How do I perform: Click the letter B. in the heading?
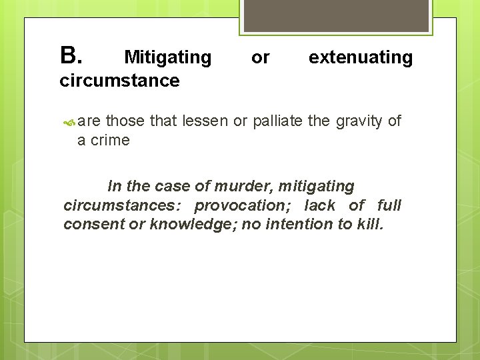pyautogui.click(x=70, y=56)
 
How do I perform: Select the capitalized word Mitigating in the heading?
pyautogui.click(x=167, y=58)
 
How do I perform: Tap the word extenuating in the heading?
pyautogui.click(x=361, y=58)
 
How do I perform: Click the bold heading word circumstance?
pyautogui.click(x=119, y=81)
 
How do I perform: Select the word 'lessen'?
pyautogui.click(x=203, y=121)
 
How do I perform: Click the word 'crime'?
pyautogui.click(x=110, y=140)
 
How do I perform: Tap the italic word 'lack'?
pyautogui.click(x=320, y=205)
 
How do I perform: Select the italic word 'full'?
pyautogui.click(x=389, y=205)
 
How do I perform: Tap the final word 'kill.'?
pyautogui.click(x=370, y=224)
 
